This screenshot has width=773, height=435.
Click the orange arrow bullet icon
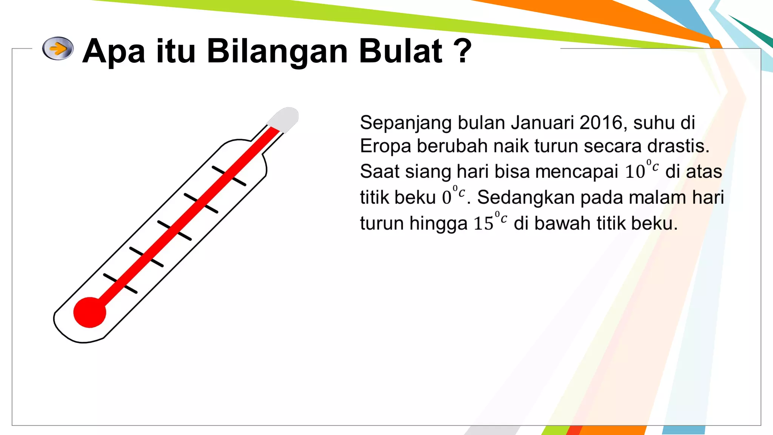coord(58,48)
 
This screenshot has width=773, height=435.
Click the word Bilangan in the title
coord(277,51)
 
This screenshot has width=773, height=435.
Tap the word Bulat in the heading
coord(400,51)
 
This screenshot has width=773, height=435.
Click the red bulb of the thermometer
coord(89,312)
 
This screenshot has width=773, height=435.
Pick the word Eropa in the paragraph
coord(385,147)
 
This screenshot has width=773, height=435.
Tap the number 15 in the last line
coord(484,224)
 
